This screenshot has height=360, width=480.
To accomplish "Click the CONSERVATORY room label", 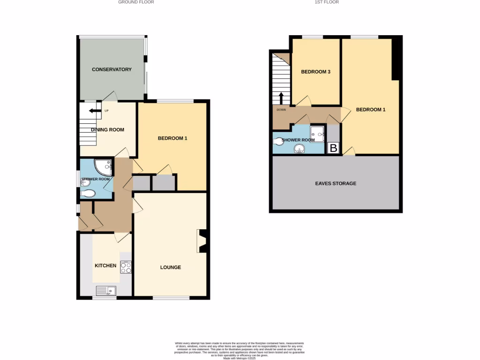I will [112, 69].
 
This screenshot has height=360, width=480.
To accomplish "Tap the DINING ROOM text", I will [108, 129].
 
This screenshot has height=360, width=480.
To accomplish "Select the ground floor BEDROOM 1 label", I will [172, 138].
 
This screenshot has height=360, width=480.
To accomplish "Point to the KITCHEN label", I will [105, 265].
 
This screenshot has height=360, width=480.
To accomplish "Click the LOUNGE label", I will [171, 267].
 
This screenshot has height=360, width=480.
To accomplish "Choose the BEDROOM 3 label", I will [315, 72].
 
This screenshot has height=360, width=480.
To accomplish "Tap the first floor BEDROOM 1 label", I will [371, 110].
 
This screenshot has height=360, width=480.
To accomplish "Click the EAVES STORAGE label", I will [336, 183].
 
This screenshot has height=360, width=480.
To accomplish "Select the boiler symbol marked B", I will [333, 149].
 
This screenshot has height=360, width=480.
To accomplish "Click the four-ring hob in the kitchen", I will [126, 267].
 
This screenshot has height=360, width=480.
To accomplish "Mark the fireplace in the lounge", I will [202, 241].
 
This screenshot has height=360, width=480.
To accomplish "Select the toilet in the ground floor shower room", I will [88, 194].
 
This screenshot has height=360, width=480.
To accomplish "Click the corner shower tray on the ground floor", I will [103, 167].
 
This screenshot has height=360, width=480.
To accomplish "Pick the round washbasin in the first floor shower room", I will [299, 150].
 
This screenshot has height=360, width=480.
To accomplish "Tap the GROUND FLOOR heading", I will [136, 2].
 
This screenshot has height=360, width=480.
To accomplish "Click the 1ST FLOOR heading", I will [326, 2].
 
